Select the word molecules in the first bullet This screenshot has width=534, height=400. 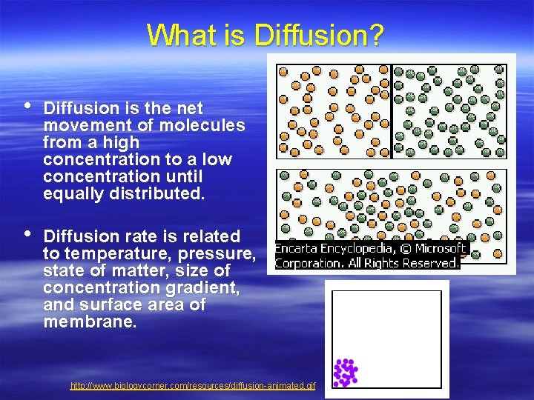tap(206, 125)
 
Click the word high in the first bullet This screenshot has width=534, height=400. tap(122, 142)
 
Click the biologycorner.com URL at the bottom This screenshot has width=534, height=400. tap(193, 387)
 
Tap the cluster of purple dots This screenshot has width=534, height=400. tap(345, 372)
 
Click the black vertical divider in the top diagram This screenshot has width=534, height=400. tap(391, 111)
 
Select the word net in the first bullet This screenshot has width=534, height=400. tap(189, 108)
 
